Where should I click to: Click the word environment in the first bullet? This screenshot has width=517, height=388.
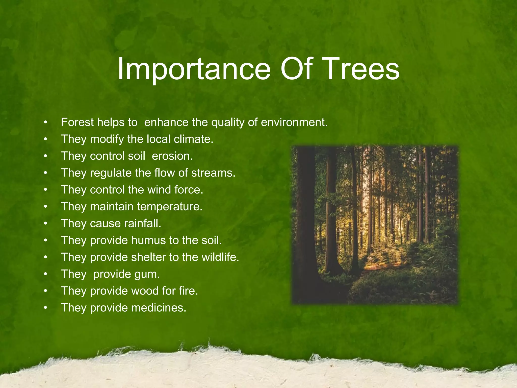click(x=294, y=122)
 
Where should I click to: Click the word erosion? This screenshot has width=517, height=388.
click(x=172, y=156)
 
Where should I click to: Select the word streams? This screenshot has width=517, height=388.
click(x=213, y=173)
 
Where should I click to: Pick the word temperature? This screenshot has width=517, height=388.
click(x=170, y=207)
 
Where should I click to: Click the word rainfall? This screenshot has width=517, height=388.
click(x=142, y=223)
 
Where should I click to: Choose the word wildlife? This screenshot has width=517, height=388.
click(x=220, y=257)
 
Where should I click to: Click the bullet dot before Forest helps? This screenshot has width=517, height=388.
click(x=45, y=123)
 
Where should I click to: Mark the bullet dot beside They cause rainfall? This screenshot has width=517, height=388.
click(x=45, y=224)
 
